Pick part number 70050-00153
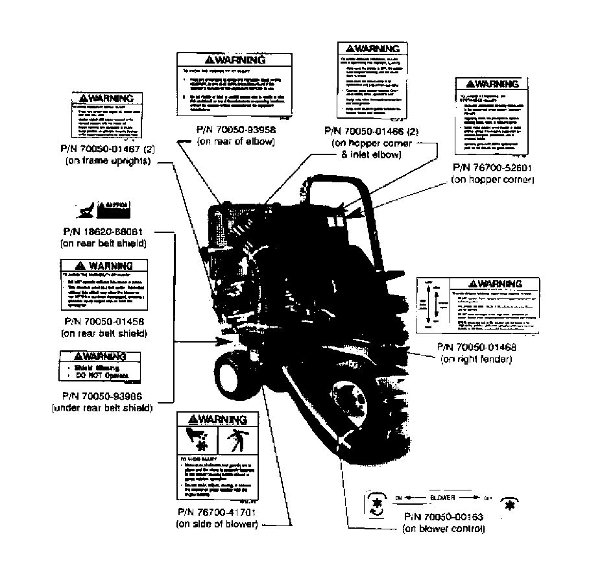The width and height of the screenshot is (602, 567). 443,517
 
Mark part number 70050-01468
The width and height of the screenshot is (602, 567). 476,347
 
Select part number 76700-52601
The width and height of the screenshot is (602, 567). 492,167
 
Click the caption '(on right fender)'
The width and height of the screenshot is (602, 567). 476,359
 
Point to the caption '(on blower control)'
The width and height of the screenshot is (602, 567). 443,529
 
